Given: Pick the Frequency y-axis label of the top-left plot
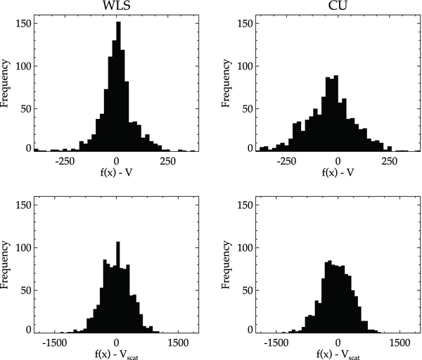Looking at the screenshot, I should [6, 86].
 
